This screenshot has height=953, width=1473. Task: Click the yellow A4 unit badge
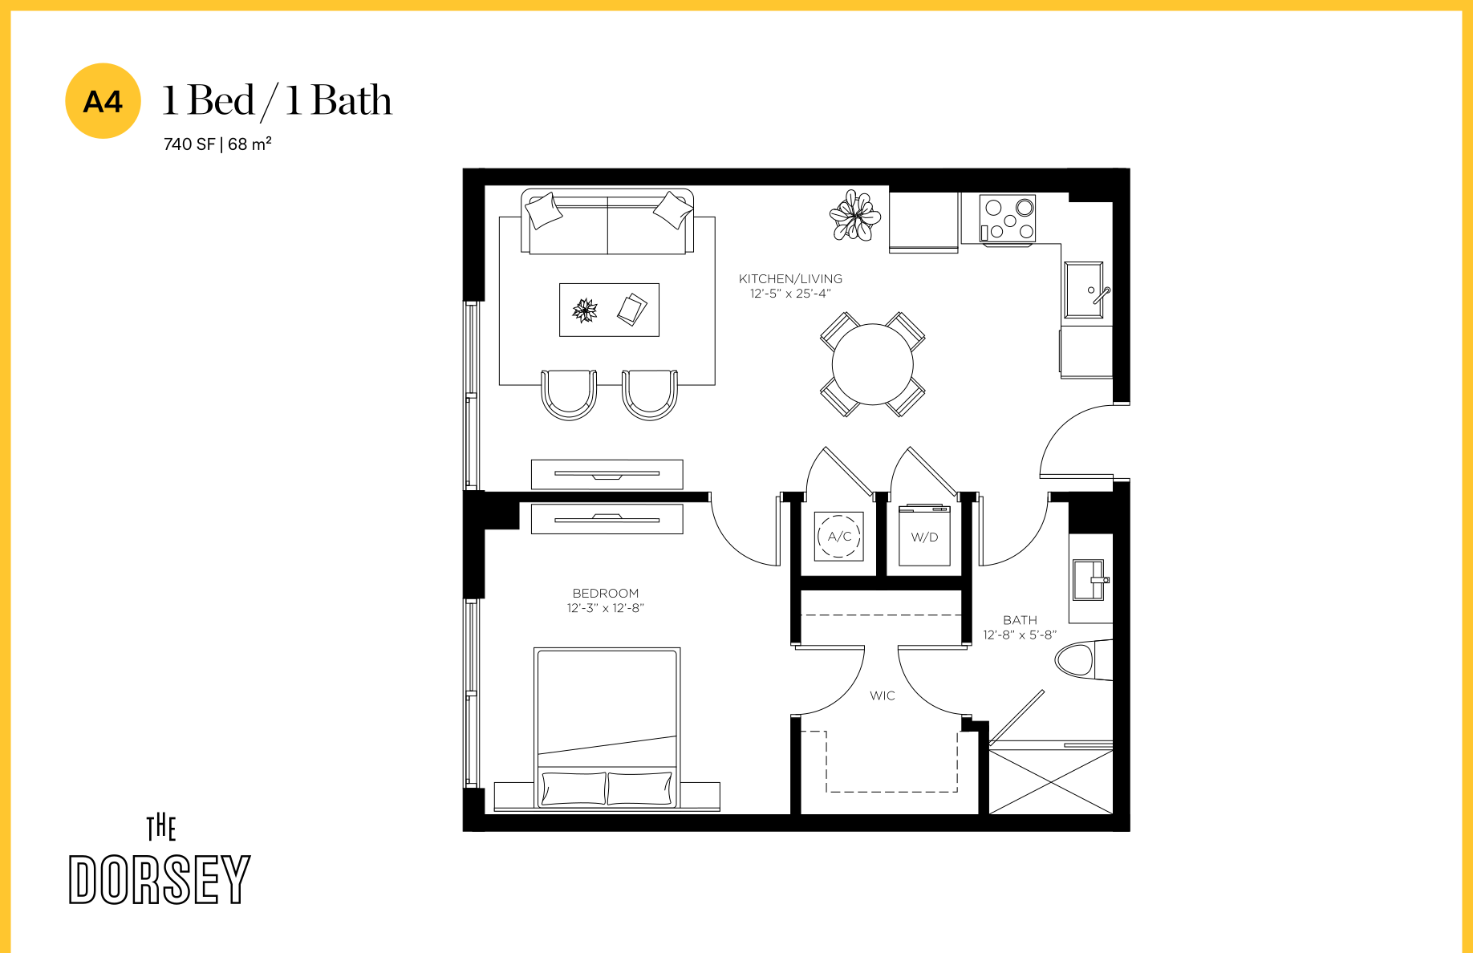tap(103, 101)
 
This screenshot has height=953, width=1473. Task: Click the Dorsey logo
tap(160, 860)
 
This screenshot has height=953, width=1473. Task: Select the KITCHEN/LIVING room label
tap(790, 279)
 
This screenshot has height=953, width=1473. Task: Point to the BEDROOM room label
tap(606, 594)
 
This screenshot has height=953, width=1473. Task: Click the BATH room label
tap(1020, 620)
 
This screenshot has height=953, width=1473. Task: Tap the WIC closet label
tap(883, 695)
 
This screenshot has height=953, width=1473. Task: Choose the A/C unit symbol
tap(838, 537)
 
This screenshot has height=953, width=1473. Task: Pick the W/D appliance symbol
tap(924, 536)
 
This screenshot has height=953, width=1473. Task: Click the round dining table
tap(873, 364)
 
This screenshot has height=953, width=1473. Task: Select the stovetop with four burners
tap(1008, 218)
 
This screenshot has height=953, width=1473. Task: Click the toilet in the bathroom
tap(1084, 660)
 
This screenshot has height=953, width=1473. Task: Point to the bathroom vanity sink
tap(1090, 580)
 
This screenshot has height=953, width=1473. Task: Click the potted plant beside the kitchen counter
tap(854, 215)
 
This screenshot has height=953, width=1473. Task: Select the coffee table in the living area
tap(609, 310)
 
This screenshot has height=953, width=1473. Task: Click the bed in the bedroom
tap(607, 728)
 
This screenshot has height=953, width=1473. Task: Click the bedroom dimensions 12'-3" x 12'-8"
tap(606, 608)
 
